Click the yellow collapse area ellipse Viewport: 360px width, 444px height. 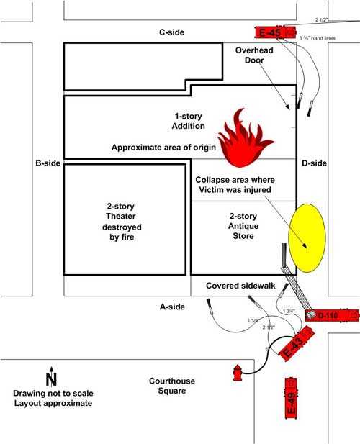pos(307,237)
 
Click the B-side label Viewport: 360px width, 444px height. pos(48,163)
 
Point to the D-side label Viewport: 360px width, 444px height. pos(315,163)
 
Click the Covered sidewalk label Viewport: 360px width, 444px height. pos(241,286)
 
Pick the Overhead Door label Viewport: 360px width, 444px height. pos(251,55)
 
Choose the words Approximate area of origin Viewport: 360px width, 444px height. pos(163,147)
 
